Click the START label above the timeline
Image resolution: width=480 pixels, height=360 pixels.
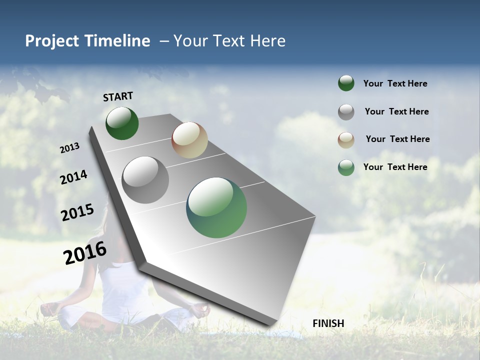click(118, 96)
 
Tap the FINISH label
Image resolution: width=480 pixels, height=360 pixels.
click(328, 323)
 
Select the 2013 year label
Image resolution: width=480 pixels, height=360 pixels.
click(69, 148)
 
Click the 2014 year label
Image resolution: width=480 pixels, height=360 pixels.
click(73, 177)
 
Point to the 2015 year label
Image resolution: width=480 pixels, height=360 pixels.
click(77, 212)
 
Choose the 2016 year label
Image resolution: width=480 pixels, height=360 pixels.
click(85, 252)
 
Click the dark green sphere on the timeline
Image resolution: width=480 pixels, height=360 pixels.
click(122, 123)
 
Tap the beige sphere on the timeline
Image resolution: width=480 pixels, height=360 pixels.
click(189, 140)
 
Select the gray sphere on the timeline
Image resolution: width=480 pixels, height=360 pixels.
click(145, 180)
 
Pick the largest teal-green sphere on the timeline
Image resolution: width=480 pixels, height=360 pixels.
click(216, 207)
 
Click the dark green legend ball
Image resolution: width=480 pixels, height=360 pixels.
click(346, 83)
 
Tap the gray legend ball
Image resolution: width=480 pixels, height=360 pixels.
click(346, 112)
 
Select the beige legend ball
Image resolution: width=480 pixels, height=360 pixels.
click(346, 140)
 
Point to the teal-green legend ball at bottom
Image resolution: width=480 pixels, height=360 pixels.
click(346, 167)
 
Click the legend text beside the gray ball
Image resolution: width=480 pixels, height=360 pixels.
click(396, 111)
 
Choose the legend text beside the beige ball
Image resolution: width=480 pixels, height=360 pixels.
click(397, 139)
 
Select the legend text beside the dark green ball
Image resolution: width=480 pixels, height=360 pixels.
click(395, 83)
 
